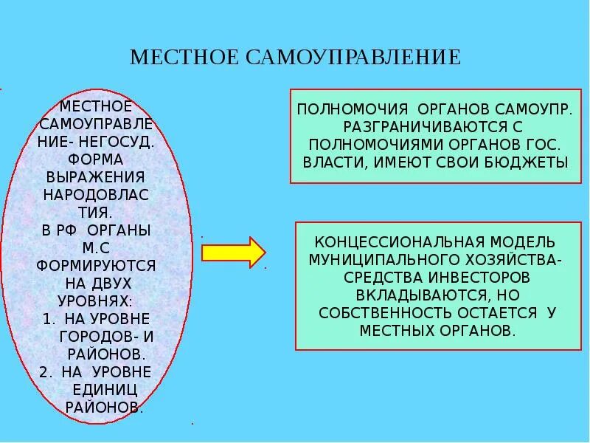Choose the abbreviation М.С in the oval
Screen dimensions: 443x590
pos(96,248)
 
